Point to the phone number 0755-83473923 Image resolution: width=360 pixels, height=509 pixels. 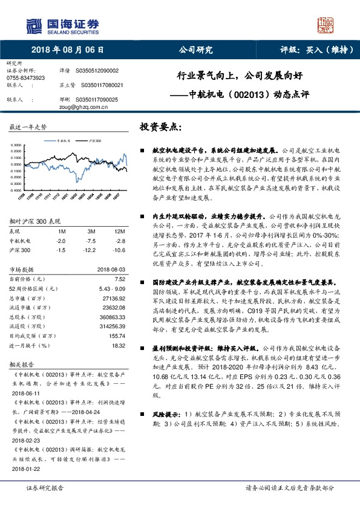(25, 78)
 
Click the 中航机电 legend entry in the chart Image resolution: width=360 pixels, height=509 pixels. (65, 139)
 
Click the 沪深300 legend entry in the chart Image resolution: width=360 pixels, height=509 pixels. (92, 139)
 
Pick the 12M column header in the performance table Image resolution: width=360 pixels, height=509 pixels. (119, 232)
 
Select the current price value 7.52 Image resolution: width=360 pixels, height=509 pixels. (120, 279)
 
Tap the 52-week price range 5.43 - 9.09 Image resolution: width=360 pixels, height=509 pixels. (112, 289)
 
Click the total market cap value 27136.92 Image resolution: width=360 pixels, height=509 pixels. (114, 299)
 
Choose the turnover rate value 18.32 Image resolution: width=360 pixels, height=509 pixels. (118, 345)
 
